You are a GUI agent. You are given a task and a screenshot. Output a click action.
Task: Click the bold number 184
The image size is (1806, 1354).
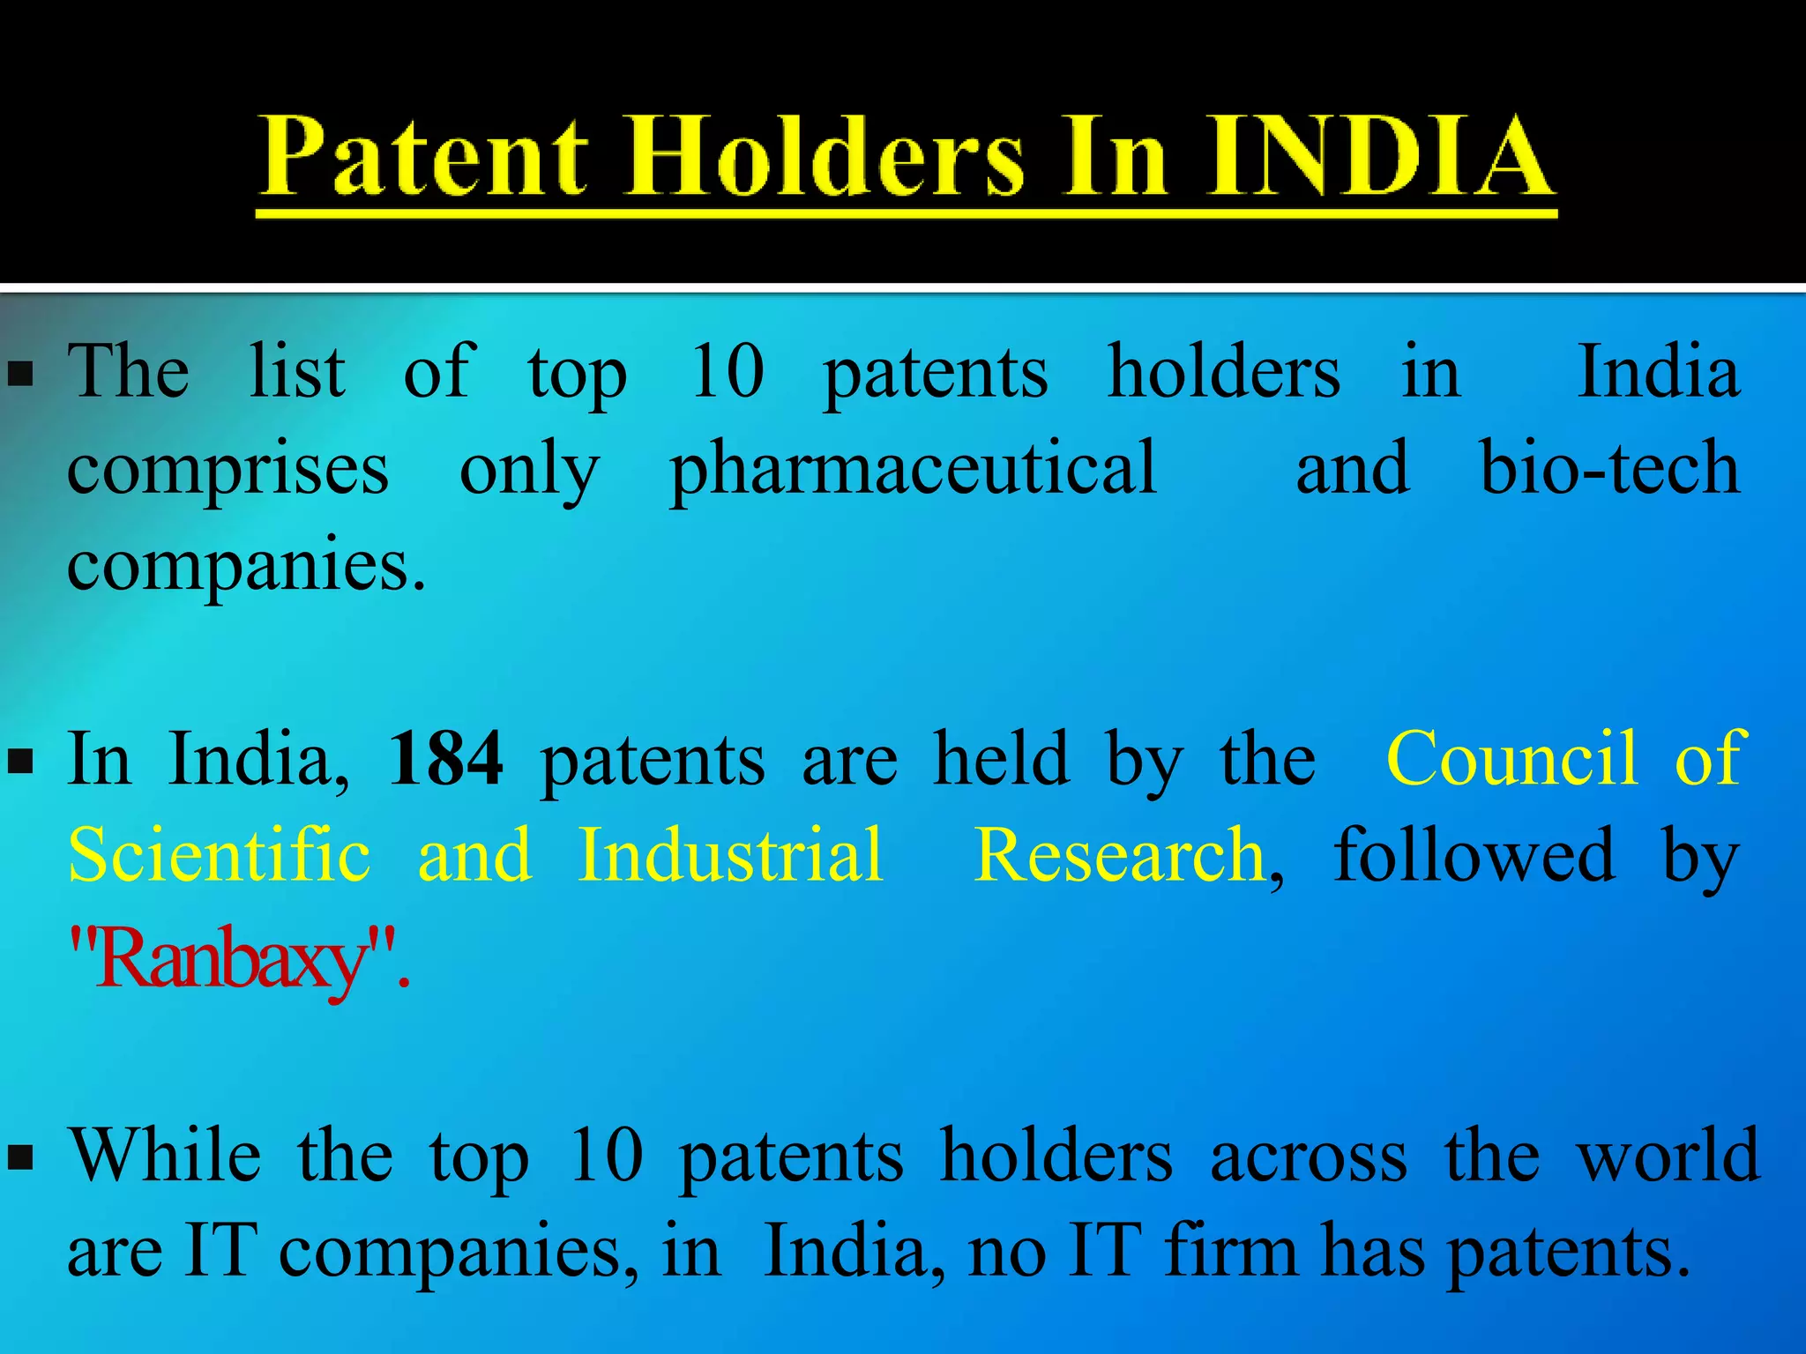445,758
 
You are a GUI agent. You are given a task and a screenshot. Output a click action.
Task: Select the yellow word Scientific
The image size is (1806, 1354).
220,855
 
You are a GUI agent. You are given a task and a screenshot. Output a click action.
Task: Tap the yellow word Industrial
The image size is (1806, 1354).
731,855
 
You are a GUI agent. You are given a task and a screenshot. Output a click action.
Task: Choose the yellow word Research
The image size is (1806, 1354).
1121,855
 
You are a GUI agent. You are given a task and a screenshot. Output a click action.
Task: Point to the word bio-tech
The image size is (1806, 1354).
1609,467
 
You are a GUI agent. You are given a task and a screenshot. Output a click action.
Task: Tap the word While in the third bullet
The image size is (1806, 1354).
165,1155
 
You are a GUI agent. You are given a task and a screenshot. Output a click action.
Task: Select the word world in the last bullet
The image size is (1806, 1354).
1668,1155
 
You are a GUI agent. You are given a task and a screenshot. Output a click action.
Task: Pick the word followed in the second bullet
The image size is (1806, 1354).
1474,855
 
